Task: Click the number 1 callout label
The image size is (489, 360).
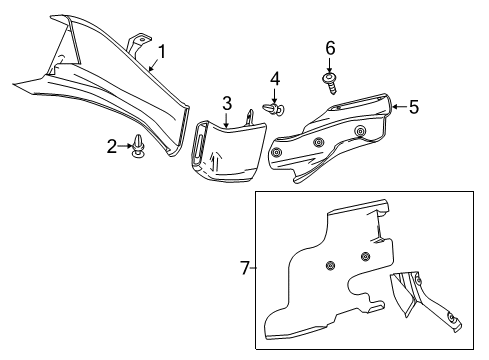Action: [161, 51]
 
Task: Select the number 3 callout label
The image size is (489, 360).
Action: [227, 103]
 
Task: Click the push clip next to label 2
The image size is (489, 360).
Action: [138, 149]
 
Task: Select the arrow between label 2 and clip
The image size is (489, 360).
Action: [125, 147]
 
